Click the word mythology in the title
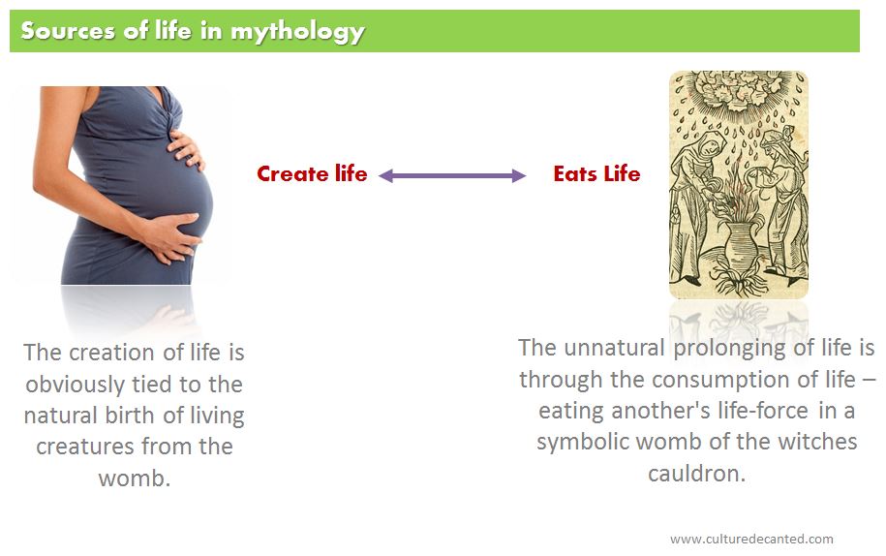pyautogui.click(x=298, y=32)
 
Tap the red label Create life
pyautogui.click(x=312, y=173)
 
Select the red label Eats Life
pyautogui.click(x=596, y=173)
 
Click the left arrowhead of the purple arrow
pyautogui.click(x=385, y=175)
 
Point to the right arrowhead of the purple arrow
pyautogui.click(x=519, y=175)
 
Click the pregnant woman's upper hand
pyautogui.click(x=185, y=148)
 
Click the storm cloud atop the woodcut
pyautogui.click(x=738, y=91)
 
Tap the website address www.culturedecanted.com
pyautogui.click(x=751, y=539)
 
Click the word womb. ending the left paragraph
pyautogui.click(x=135, y=479)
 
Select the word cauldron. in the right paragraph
pyautogui.click(x=697, y=474)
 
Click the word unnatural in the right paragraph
pyautogui.click(x=614, y=348)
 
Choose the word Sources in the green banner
pyautogui.click(x=68, y=31)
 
